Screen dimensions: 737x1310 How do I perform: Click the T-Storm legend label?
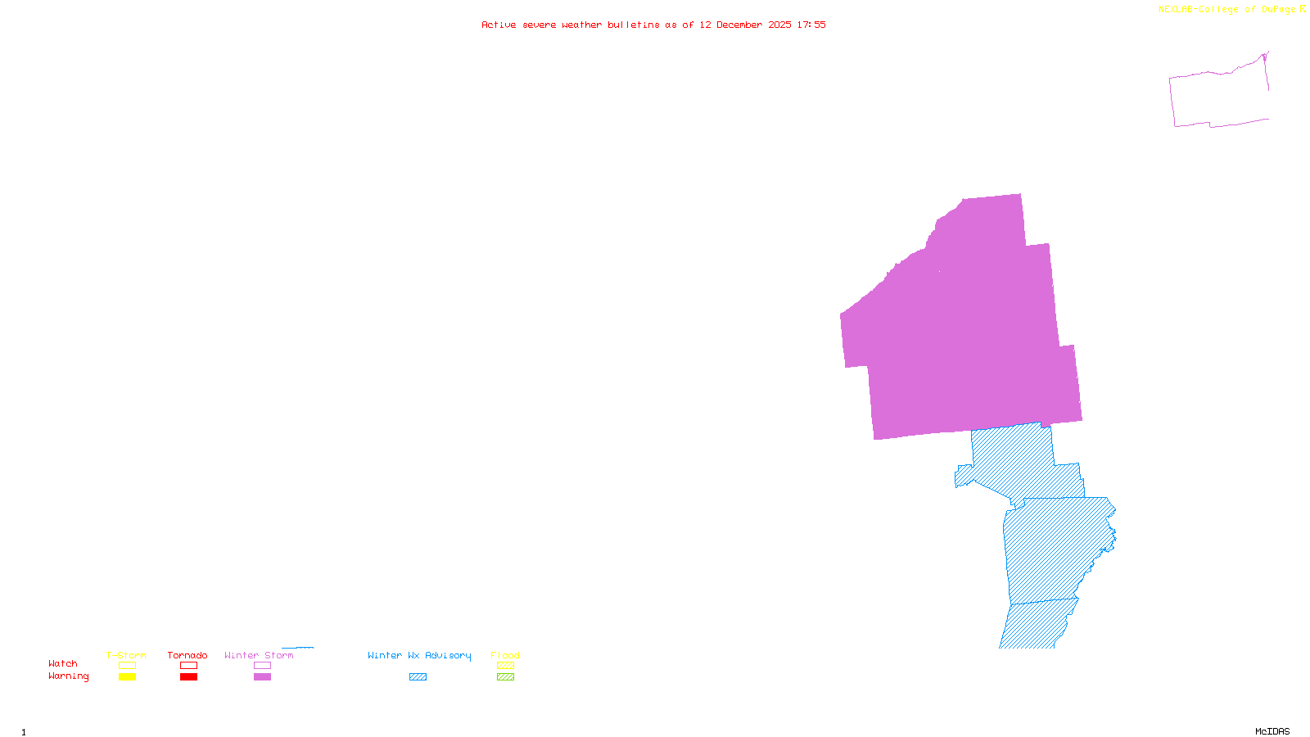tap(126, 655)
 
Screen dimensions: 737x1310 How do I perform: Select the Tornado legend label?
tap(187, 655)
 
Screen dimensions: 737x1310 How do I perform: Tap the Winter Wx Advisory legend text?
tap(419, 655)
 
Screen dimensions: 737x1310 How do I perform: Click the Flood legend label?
tap(505, 655)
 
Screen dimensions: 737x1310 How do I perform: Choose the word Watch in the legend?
tap(63, 663)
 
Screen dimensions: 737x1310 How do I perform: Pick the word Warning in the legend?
tap(68, 676)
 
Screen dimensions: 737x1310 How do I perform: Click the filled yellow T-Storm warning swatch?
tap(127, 677)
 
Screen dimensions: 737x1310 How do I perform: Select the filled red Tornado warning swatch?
tap(189, 677)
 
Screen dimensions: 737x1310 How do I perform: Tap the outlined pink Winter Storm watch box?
tap(263, 666)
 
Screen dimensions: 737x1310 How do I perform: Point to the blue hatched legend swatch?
tap(418, 677)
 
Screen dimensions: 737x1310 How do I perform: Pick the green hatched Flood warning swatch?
tap(506, 677)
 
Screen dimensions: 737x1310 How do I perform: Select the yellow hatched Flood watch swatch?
tap(506, 666)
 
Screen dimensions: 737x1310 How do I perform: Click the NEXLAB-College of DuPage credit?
tap(1231, 10)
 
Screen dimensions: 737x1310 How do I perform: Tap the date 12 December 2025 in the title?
tap(745, 25)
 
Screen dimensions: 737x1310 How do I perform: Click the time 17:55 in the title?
tap(811, 25)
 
